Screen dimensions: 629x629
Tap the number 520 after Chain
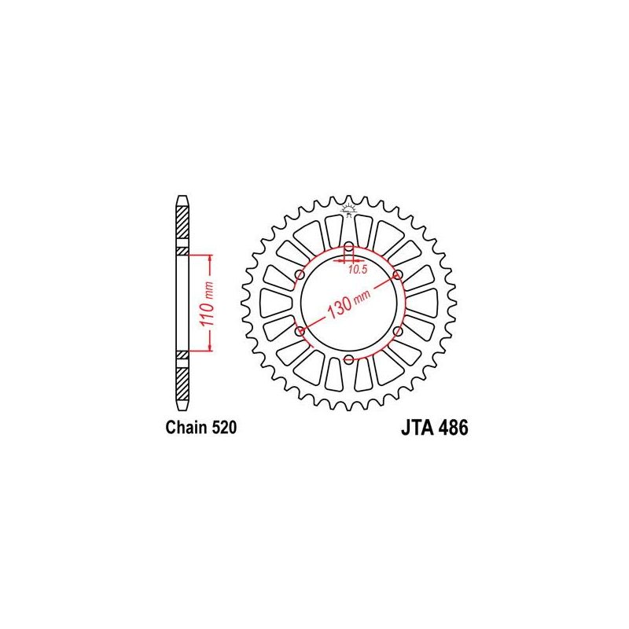[223, 429]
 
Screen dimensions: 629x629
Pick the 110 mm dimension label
[199, 303]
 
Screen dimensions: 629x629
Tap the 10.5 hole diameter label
[358, 270]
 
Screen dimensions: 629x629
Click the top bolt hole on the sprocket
[348, 246]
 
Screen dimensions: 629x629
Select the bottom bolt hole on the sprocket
[348, 360]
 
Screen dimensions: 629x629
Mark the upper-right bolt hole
[398, 274]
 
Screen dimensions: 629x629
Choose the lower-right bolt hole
[398, 332]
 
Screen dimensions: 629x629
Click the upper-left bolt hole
[299, 274]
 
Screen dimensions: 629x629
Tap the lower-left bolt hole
[299, 332]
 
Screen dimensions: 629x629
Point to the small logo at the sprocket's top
[348, 207]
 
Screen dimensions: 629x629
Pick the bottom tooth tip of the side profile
[182, 411]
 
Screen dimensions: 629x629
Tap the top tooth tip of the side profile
[182, 197]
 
